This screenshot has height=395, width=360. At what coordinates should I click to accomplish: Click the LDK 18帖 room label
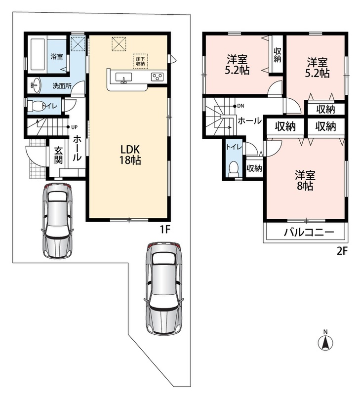[x=130, y=155]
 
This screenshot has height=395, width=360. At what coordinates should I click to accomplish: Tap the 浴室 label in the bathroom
[x=57, y=56]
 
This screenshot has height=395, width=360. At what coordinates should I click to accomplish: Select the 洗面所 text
[x=62, y=86]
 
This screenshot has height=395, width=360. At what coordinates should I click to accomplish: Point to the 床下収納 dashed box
[x=140, y=61]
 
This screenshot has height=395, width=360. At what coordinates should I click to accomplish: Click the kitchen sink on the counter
[x=123, y=78]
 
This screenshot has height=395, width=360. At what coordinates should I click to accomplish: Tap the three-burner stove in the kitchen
[x=157, y=77]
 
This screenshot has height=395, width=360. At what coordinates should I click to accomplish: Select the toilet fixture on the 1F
[x=35, y=106]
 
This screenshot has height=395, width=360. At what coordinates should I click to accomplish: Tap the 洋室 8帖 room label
[x=305, y=180]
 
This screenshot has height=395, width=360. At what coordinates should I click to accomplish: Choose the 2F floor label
[x=342, y=251]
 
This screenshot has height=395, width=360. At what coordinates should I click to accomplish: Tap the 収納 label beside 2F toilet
[x=254, y=168]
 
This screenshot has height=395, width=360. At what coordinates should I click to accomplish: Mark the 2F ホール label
[x=250, y=120]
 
